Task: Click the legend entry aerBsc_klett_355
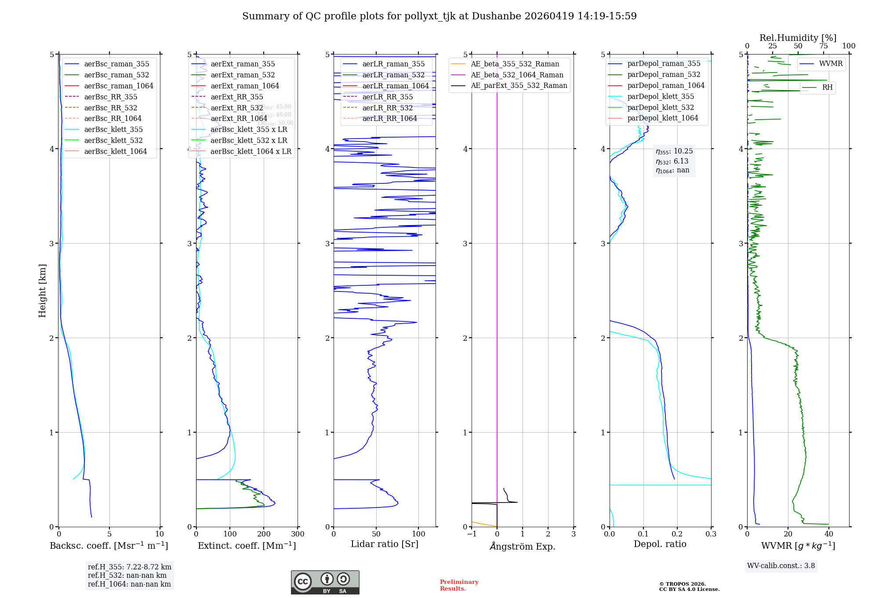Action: point(113,130)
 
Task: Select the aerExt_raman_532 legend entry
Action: point(243,75)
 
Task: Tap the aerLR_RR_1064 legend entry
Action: point(389,119)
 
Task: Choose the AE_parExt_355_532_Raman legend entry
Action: point(519,86)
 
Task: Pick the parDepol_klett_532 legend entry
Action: point(660,108)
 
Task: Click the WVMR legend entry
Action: point(830,64)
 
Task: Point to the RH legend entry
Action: point(827,88)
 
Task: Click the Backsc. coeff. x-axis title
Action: point(109,546)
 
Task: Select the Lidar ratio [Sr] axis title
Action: point(384,544)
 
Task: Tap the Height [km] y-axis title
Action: point(42,291)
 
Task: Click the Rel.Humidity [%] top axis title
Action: point(798,38)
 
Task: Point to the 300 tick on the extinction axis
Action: point(298,534)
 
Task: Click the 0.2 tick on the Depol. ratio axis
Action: point(677,534)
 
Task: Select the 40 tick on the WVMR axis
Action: point(829,534)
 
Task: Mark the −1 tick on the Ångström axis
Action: point(472,534)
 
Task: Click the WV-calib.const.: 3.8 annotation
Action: point(781,566)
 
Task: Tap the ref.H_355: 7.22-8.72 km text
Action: point(129,567)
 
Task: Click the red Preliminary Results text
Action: point(459,585)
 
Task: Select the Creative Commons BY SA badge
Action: point(325,582)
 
